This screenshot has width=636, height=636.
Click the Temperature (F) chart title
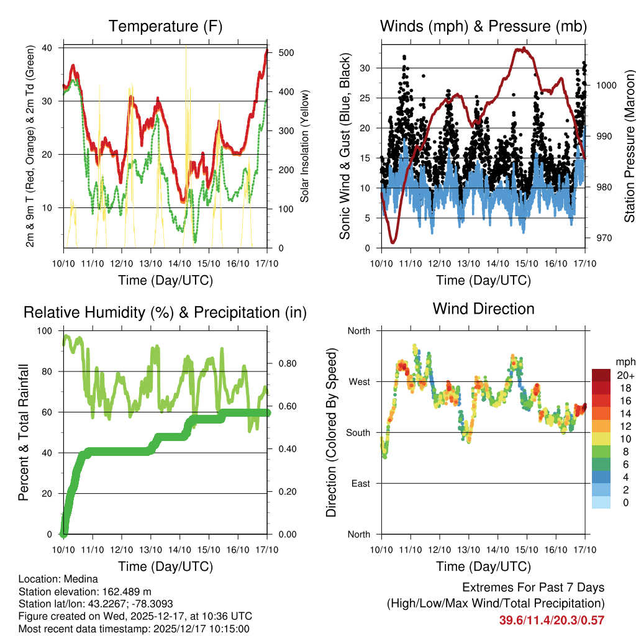pos(165,27)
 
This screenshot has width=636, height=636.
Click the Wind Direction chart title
pos(483,309)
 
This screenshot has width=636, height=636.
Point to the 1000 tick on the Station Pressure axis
pos(606,86)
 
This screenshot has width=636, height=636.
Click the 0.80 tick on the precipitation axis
pos(284,363)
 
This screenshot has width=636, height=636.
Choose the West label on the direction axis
pos(358,382)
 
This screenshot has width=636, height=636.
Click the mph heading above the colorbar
pos(624,361)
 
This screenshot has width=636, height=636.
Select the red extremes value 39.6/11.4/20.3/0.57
pos(552,620)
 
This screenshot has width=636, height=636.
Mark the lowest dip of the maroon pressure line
pos(393,242)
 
